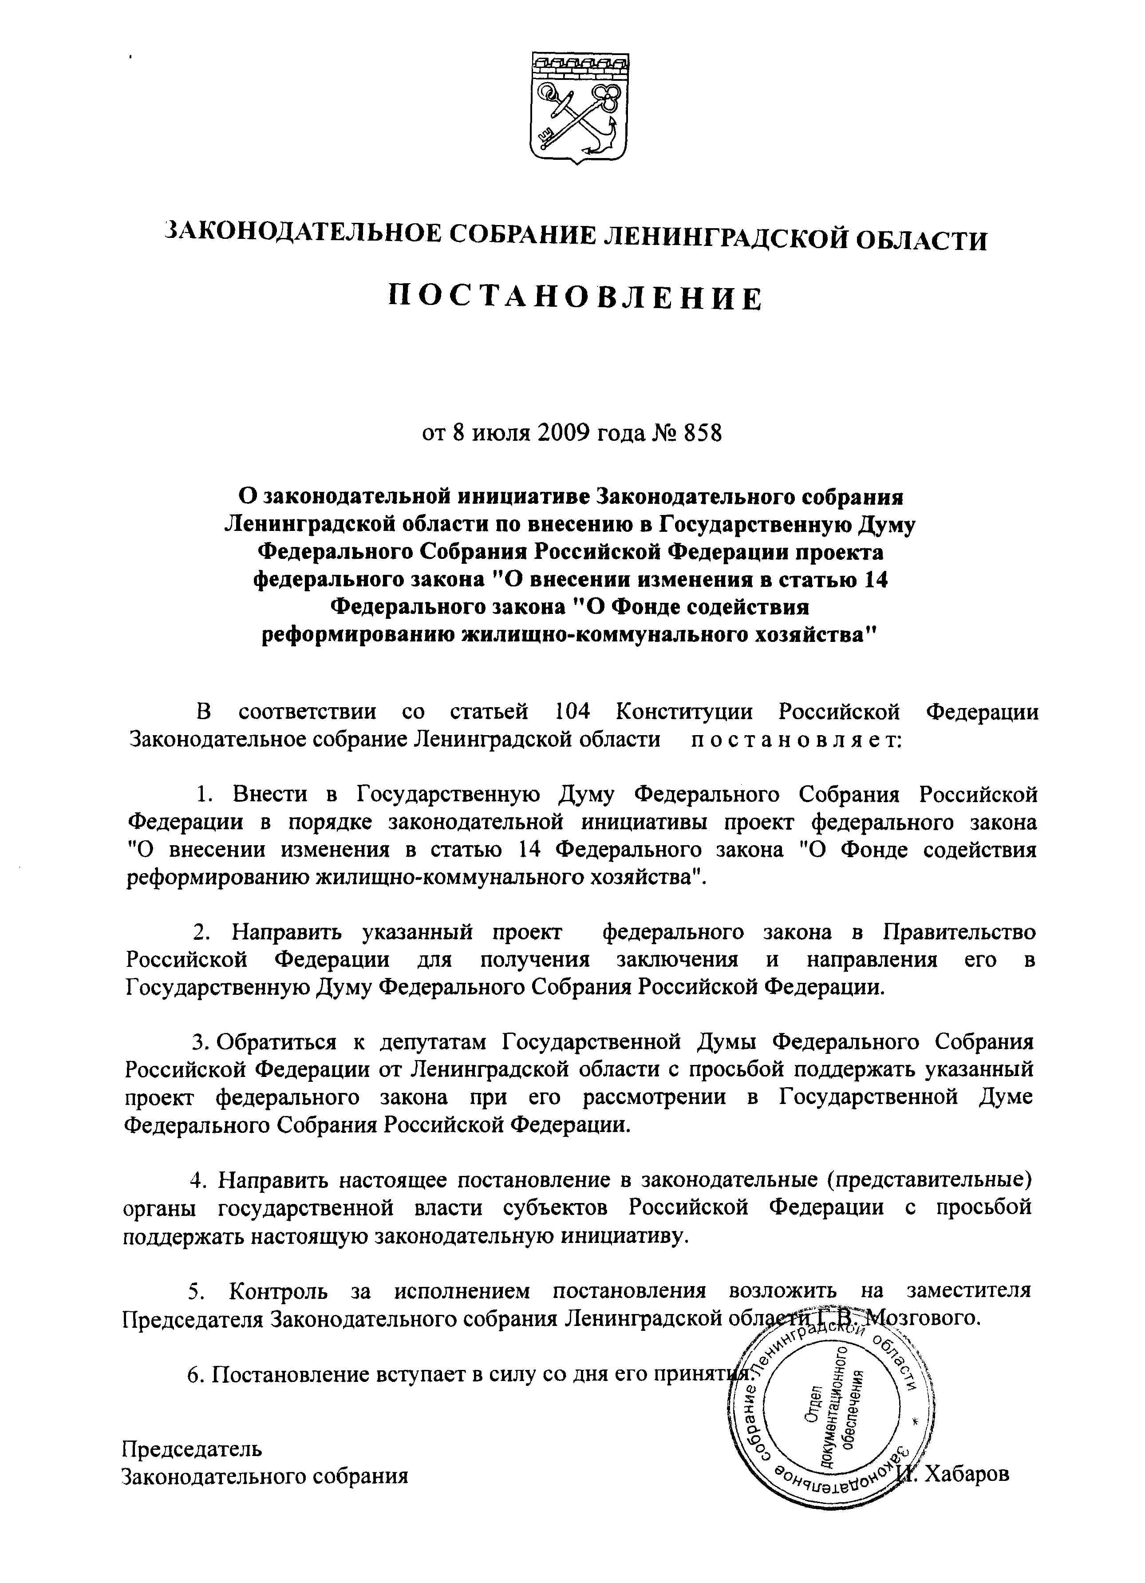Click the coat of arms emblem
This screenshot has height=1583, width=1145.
click(x=578, y=107)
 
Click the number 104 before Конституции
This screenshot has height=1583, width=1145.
click(x=572, y=712)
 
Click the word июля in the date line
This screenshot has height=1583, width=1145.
click(x=500, y=433)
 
